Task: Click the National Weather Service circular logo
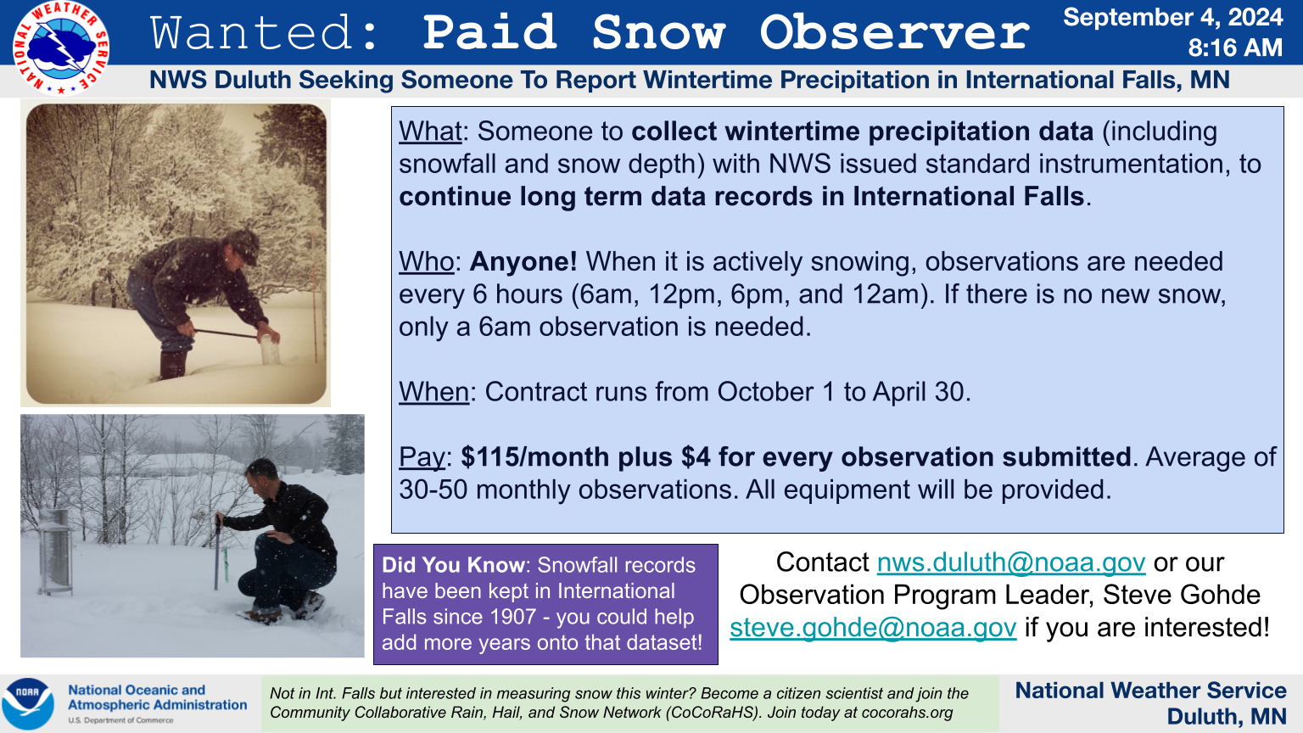[x=60, y=48]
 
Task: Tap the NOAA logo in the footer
[x=28, y=703]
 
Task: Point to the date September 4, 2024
[x=1172, y=17]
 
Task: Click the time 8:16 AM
[x=1235, y=48]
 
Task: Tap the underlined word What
[x=430, y=131]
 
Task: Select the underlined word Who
[x=426, y=262]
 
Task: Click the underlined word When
[x=433, y=392]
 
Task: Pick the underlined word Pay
[x=422, y=458]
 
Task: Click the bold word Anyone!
[x=523, y=262]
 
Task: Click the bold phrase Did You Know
[x=453, y=565]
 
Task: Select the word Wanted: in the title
[x=265, y=32]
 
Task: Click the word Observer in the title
[x=895, y=32]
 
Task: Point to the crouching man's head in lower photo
[x=261, y=476]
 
